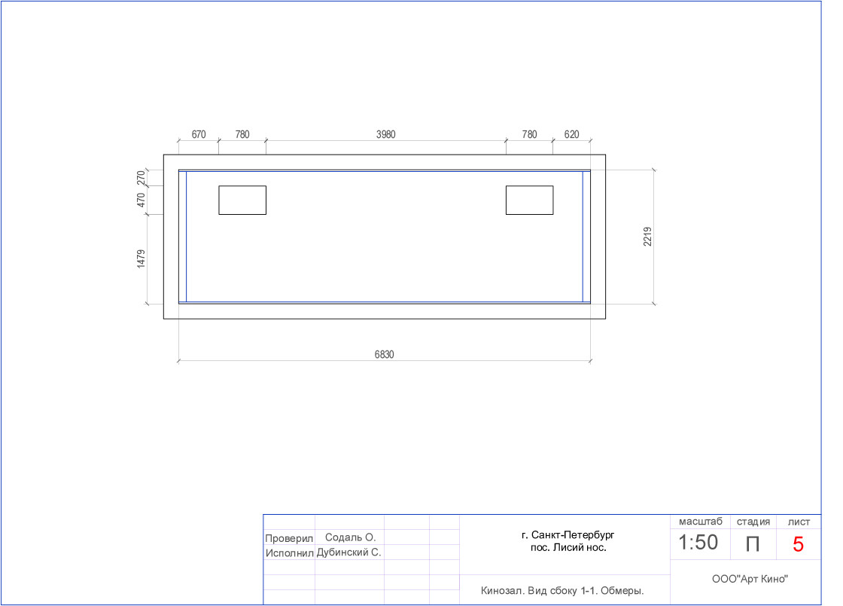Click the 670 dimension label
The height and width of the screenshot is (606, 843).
click(199, 135)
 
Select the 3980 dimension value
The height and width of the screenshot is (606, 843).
click(385, 135)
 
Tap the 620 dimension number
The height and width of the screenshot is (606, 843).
click(571, 135)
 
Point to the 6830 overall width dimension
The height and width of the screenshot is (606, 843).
click(385, 355)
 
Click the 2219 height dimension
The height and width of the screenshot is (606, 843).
click(648, 237)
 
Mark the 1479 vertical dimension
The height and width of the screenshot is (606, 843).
click(141, 259)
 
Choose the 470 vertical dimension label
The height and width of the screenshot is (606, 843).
click(141, 200)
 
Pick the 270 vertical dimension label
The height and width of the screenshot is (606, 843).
click(141, 178)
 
